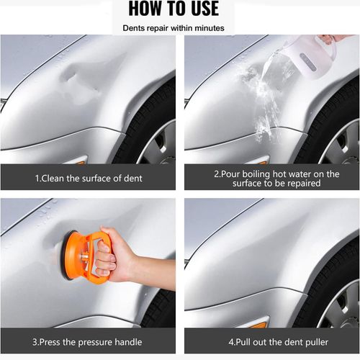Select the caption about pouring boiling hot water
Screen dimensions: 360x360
(x=271, y=178)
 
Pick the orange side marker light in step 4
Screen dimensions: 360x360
(x=258, y=325)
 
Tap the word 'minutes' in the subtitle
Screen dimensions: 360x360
(x=209, y=28)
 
